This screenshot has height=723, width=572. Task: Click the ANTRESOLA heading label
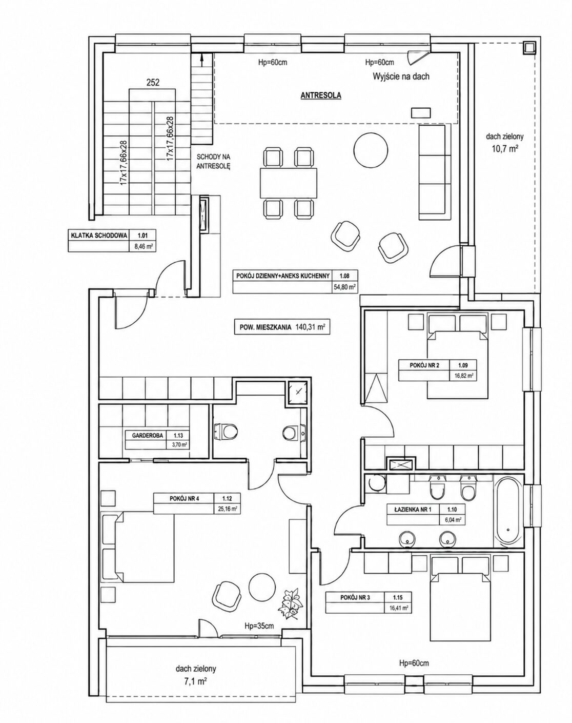(x=320, y=95)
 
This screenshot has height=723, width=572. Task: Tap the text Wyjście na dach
(x=401, y=76)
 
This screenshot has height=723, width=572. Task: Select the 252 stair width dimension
(x=153, y=82)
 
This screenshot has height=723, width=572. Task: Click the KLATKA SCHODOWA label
(x=99, y=236)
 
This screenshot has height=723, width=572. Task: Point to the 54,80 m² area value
(x=344, y=287)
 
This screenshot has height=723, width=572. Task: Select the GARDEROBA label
(x=148, y=436)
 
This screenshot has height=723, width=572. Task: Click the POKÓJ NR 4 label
(x=185, y=499)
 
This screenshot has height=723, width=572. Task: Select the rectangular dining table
(x=289, y=183)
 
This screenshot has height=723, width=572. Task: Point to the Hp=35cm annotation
(x=259, y=626)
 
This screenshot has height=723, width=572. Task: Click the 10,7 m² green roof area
(x=504, y=149)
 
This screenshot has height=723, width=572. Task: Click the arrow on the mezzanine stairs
(x=201, y=60)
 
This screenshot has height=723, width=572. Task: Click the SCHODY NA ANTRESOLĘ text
(x=214, y=161)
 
